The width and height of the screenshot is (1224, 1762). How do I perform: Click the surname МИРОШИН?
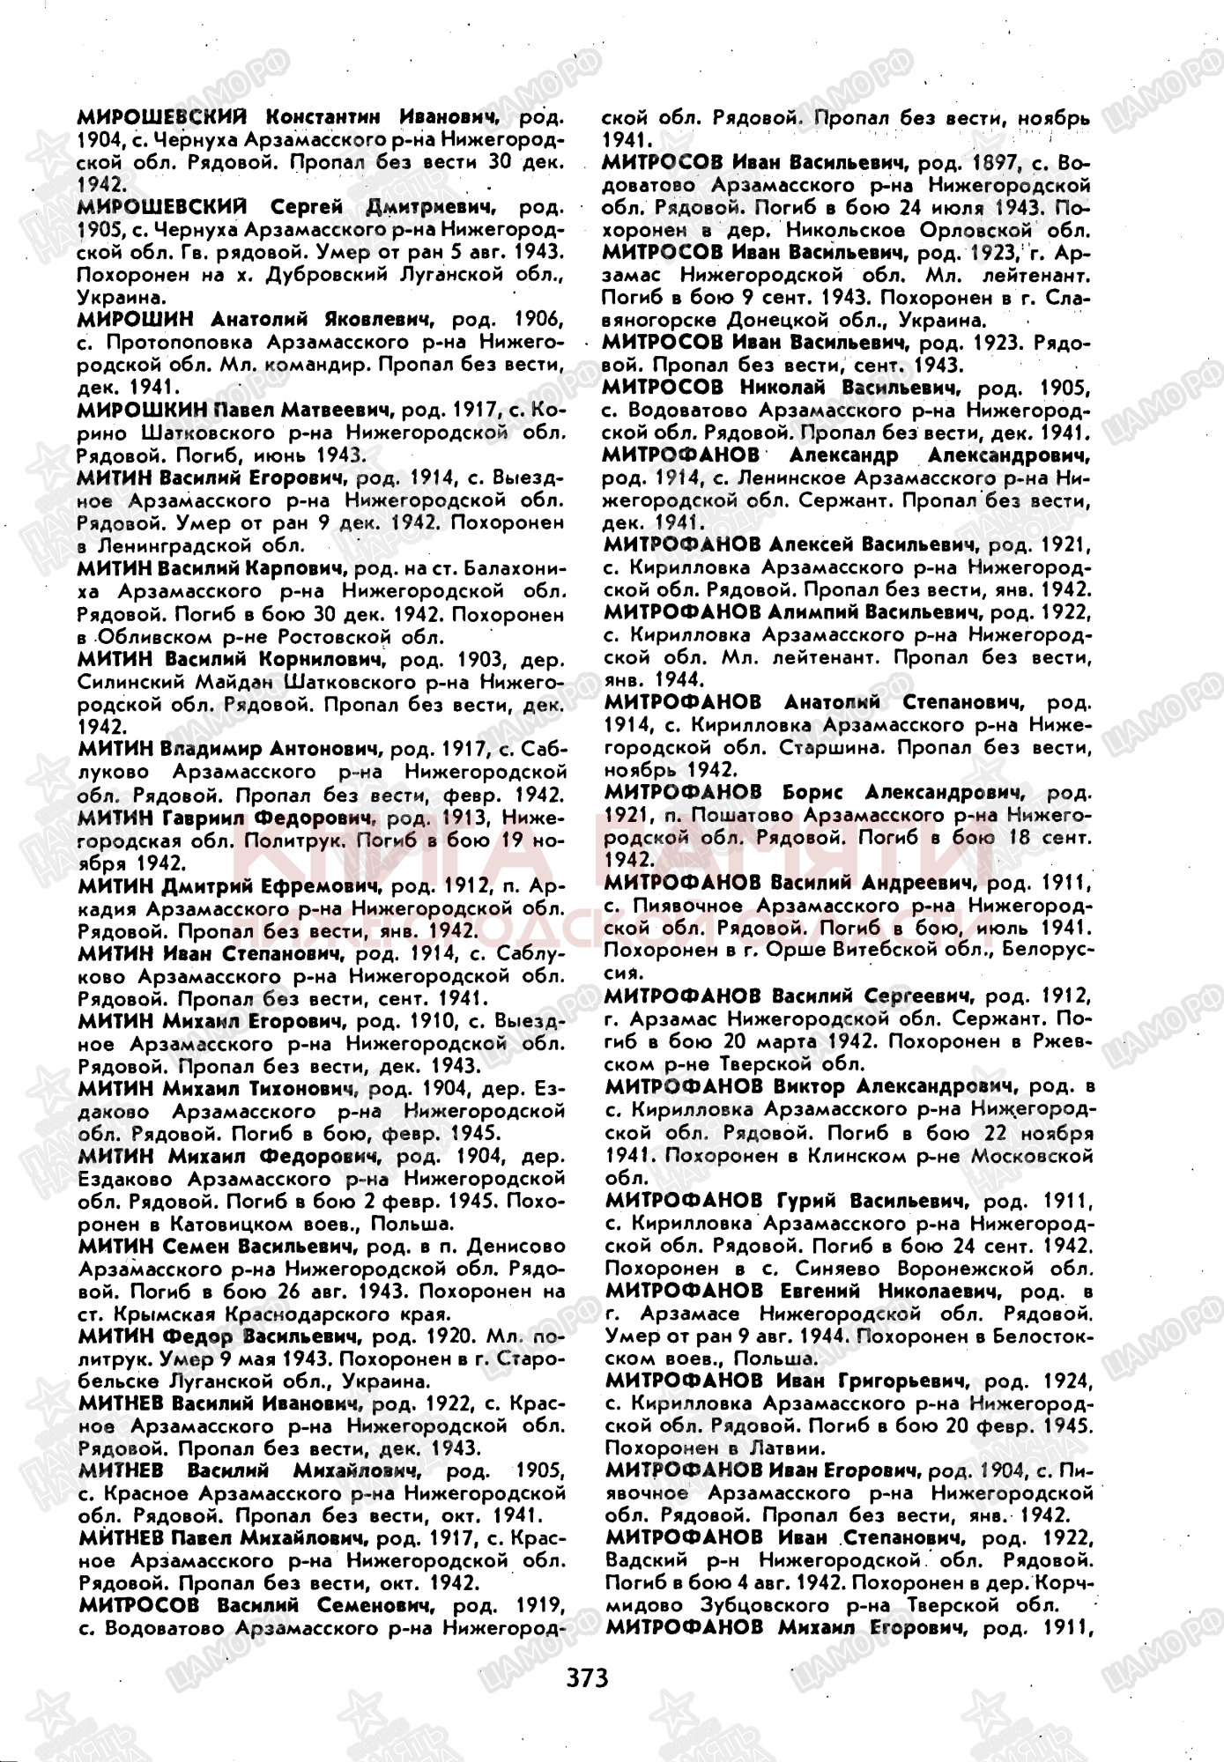134,319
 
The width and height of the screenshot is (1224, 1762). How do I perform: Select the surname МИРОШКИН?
141,410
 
